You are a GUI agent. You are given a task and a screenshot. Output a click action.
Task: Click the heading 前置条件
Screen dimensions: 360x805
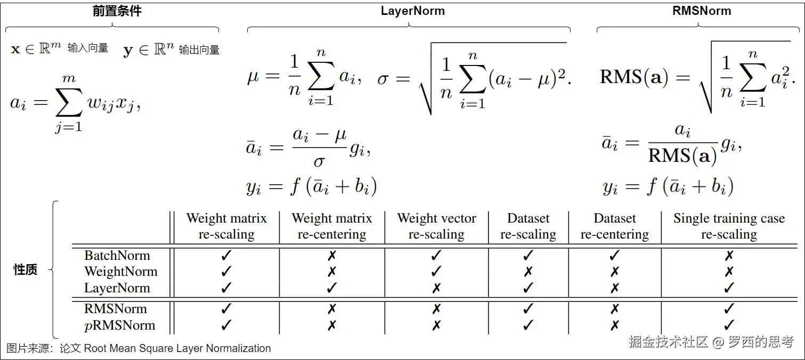tap(117, 11)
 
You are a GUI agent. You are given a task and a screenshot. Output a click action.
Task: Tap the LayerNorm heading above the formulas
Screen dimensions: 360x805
tap(412, 11)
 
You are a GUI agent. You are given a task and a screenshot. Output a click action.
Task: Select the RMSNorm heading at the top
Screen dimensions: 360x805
tap(702, 11)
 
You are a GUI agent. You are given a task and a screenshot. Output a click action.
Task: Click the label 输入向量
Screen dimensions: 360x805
tap(88, 48)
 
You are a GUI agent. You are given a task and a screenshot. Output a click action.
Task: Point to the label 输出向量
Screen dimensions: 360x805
tap(199, 50)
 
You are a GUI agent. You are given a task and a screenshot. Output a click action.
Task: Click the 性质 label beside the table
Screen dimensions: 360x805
tap(25, 269)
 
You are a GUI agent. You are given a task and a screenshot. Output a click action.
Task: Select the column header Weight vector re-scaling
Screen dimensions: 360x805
tap(436, 226)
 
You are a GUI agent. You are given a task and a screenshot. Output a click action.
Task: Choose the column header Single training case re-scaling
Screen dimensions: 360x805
tap(729, 226)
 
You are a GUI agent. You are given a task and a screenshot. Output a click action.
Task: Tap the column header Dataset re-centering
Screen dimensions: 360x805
tap(614, 226)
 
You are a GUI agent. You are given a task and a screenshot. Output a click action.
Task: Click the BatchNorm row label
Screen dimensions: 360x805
tap(117, 256)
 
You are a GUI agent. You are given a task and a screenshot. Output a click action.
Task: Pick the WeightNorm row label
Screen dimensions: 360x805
tap(121, 272)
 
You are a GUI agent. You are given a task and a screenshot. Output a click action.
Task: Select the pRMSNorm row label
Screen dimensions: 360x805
tap(120, 325)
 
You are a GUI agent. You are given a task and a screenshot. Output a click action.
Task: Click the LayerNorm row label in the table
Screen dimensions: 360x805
tap(117, 288)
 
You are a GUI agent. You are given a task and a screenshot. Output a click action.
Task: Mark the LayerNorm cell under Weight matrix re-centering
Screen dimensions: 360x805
tap(331, 288)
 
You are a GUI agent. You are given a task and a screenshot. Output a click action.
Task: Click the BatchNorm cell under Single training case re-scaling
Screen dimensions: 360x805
tap(729, 256)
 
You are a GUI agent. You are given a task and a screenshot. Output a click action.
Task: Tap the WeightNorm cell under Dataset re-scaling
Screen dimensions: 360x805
tap(528, 272)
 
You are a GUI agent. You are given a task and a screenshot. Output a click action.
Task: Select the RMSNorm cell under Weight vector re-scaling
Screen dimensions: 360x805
tap(436, 309)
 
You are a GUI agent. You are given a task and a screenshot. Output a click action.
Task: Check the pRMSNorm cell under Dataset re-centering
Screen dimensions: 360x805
tap(614, 325)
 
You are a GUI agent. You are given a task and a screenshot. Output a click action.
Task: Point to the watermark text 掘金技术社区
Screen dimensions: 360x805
tap(668, 342)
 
